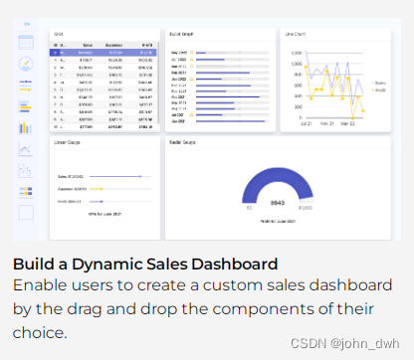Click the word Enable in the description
pyautogui.click(x=39, y=286)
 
